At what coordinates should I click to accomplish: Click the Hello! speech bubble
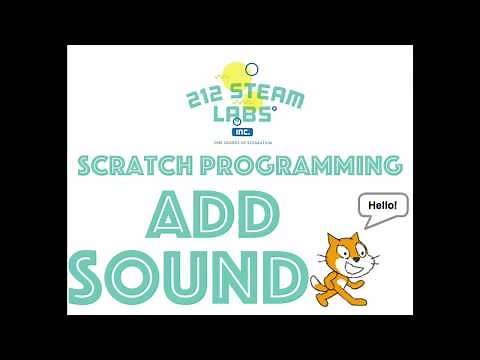pos(383,206)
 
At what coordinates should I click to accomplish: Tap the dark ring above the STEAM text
pos(252,70)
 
